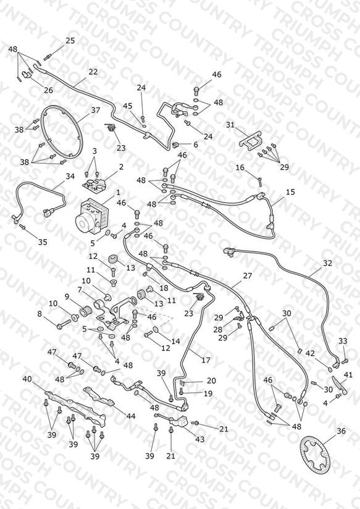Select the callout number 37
click(96, 110)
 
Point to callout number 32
click(327, 263)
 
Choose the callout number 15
click(290, 192)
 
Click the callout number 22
click(93, 72)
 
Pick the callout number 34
click(70, 176)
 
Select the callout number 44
click(130, 416)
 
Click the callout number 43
click(199, 439)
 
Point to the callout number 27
click(248, 276)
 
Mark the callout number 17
click(206, 360)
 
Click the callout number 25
click(70, 41)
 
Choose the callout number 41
click(348, 375)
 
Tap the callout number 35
click(43, 242)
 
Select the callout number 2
click(121, 167)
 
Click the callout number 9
click(67, 297)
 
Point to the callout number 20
click(211, 381)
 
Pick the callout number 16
click(240, 167)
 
